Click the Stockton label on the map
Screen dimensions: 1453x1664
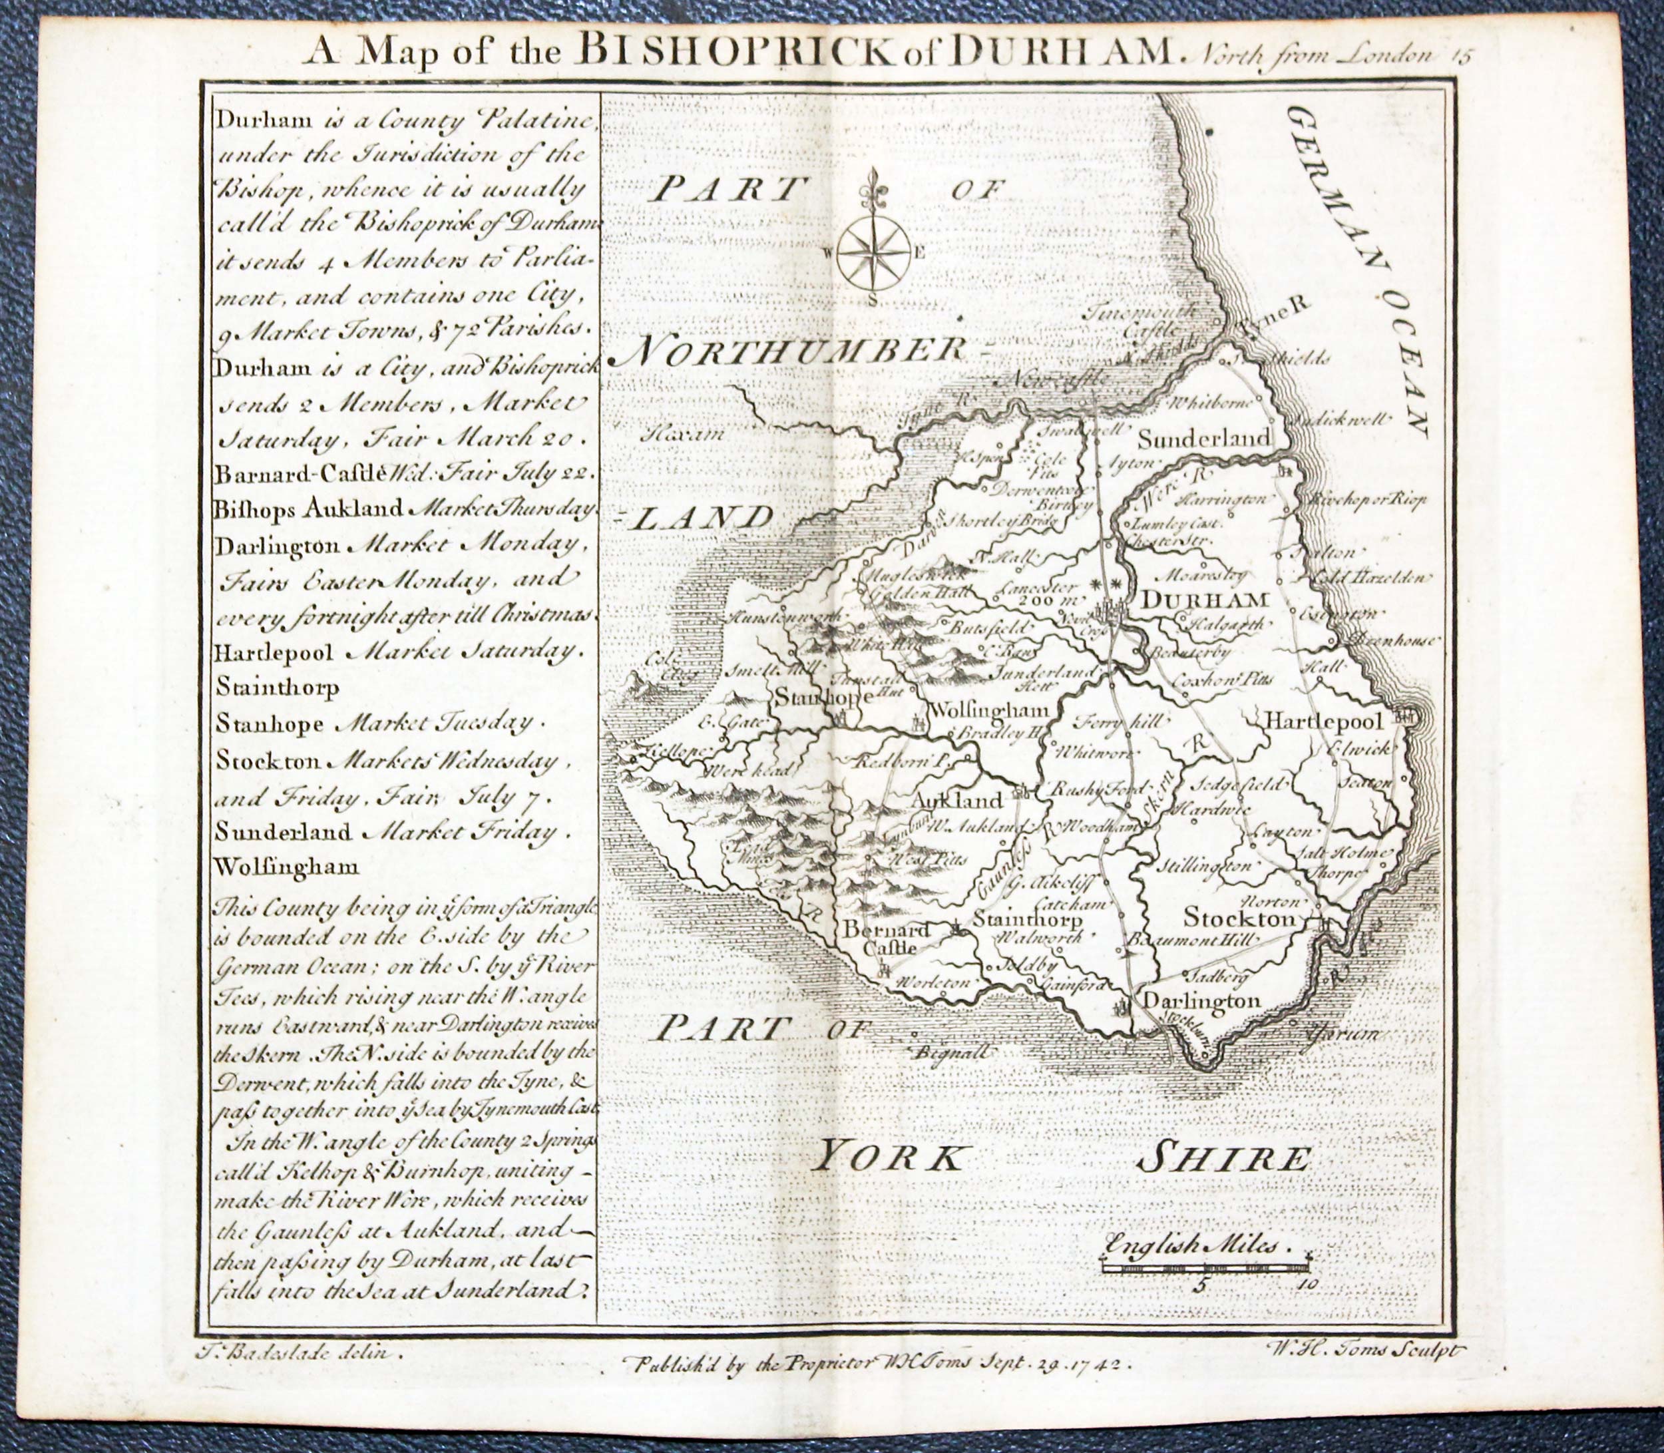point(1240,919)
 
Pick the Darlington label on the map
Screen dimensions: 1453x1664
point(1200,1001)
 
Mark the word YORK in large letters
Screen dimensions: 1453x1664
point(891,1157)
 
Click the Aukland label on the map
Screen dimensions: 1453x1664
point(957,799)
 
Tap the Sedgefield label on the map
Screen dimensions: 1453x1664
point(1233,784)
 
